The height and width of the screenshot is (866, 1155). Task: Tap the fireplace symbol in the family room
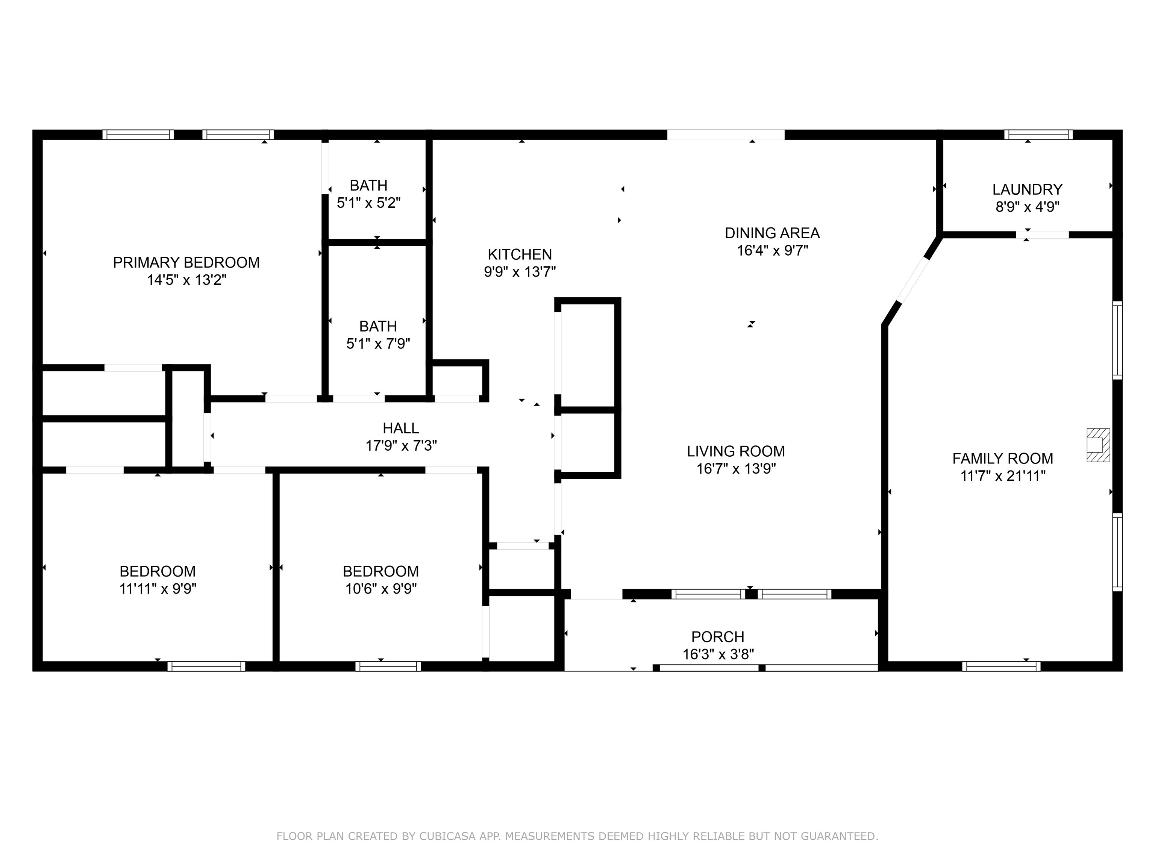1098,445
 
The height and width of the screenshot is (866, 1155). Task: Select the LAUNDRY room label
1027,189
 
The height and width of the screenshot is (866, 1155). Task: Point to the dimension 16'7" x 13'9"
736,469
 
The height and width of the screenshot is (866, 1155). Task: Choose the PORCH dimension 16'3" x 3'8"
718,654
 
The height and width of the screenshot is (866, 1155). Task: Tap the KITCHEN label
520,254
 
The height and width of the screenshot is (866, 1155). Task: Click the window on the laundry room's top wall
1038,135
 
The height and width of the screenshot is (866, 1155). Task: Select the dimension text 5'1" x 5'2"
368,203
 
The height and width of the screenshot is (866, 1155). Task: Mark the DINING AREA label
772,233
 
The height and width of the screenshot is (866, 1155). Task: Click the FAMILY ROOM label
1002,458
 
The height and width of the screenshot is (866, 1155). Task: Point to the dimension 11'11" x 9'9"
158,589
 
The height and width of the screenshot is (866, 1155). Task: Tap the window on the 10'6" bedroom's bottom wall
388,666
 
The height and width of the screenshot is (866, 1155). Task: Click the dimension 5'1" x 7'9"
378,344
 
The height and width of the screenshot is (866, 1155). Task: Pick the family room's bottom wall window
1001,666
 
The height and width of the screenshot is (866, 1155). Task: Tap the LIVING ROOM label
736,451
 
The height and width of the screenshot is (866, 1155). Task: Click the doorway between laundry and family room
1042,235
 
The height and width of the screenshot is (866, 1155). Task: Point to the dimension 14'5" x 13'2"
186,280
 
